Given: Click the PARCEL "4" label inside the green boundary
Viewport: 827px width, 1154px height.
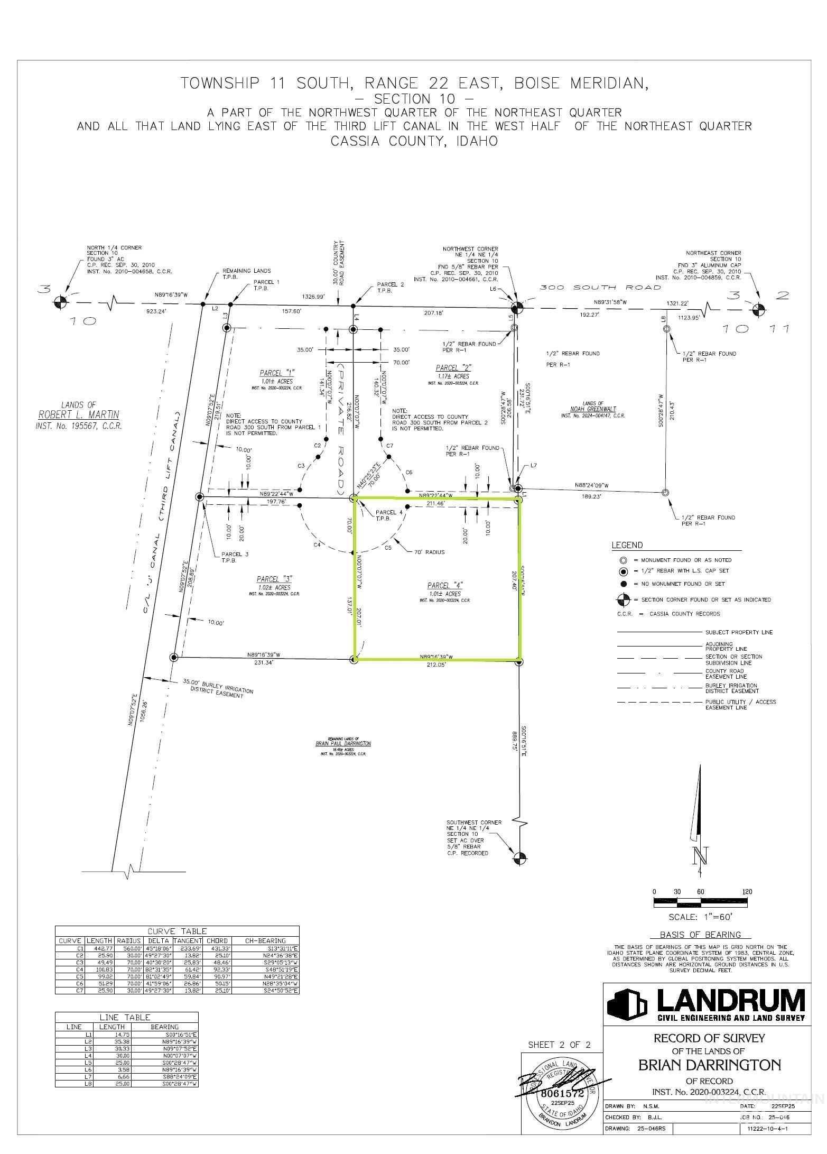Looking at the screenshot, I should click(x=444, y=585).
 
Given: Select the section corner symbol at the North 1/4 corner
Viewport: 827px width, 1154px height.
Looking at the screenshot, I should click(x=61, y=302).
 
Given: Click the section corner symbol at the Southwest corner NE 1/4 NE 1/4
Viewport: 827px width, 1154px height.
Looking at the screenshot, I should click(x=520, y=858).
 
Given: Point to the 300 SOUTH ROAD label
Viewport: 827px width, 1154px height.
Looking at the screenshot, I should click(x=600, y=288).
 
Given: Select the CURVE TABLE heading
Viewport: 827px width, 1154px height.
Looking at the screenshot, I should click(x=177, y=931).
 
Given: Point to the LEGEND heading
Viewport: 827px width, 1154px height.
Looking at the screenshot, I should click(x=627, y=545).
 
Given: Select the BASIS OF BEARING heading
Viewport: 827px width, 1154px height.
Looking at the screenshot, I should click(x=700, y=935).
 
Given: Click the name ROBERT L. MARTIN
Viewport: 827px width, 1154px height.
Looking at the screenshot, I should click(x=78, y=415).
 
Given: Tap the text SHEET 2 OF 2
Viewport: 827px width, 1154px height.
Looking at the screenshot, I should click(x=559, y=1045).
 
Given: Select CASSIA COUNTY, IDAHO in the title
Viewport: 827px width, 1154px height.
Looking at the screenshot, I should click(x=414, y=142).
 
